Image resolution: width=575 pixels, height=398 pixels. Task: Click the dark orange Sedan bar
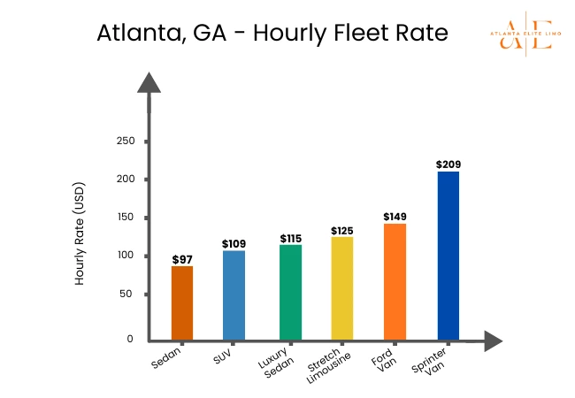pyautogui.click(x=182, y=302)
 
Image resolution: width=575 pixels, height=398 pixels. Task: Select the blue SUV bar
pyautogui.click(x=234, y=295)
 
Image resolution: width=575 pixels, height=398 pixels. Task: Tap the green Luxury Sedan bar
pyautogui.click(x=290, y=292)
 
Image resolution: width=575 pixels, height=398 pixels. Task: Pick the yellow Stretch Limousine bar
pyautogui.click(x=341, y=287)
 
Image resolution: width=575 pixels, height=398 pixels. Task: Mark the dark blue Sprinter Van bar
pyautogui.click(x=448, y=255)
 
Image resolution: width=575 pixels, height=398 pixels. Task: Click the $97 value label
pyautogui.click(x=182, y=258)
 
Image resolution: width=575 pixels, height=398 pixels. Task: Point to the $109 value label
pyautogui.click(x=234, y=243)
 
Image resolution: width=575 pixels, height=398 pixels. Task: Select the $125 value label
pyautogui.click(x=341, y=230)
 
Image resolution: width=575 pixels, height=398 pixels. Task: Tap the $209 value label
pyautogui.click(x=448, y=165)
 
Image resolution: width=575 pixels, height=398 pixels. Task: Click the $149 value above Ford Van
pyautogui.click(x=395, y=216)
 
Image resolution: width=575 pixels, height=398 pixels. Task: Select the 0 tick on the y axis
pyautogui.click(x=129, y=339)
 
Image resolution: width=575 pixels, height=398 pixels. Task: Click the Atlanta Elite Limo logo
pyautogui.click(x=525, y=34)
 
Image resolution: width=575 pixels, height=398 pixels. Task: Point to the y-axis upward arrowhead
pyautogui.click(x=149, y=83)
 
